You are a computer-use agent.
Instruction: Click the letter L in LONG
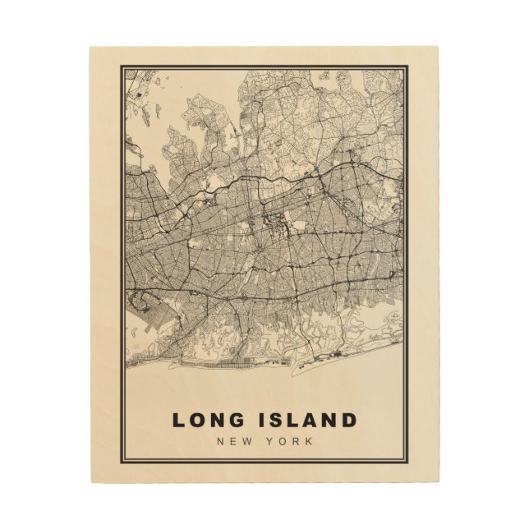(178, 421)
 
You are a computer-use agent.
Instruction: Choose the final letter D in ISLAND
(349, 421)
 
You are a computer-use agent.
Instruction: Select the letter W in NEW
(246, 442)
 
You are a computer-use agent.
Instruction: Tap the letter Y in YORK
(272, 442)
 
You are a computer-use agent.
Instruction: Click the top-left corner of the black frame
(122, 67)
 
